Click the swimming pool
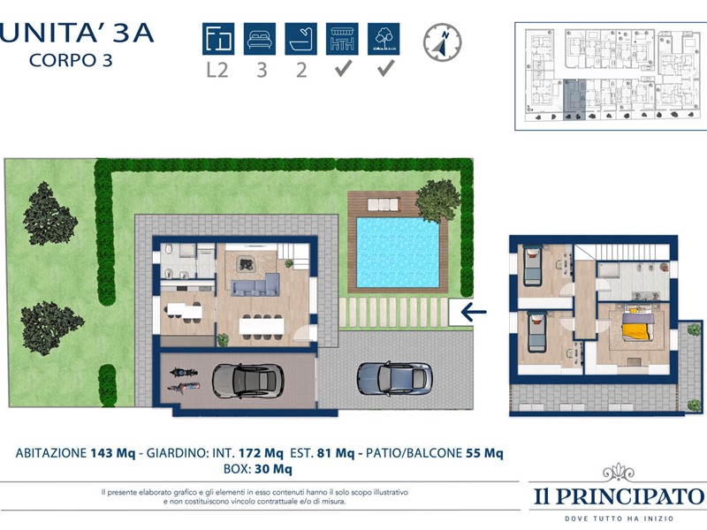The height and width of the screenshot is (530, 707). [398, 253]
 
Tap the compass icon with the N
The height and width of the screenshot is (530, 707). [443, 42]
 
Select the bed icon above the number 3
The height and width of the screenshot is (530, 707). [260, 39]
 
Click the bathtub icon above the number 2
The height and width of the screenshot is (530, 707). [300, 39]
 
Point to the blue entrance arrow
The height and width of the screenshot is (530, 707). [474, 312]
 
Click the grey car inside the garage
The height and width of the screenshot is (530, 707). [247, 381]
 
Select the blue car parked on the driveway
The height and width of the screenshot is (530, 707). [395, 378]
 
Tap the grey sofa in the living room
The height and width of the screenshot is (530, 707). [255, 284]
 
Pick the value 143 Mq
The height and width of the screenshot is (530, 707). [113, 453]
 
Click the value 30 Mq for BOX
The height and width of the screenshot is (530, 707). [273, 469]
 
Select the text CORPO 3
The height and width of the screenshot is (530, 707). [71, 60]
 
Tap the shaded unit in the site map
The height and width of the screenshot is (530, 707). [574, 100]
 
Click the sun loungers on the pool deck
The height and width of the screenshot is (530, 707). [384, 205]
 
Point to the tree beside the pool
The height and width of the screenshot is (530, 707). [437, 201]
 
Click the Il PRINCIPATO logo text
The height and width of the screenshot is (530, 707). [619, 496]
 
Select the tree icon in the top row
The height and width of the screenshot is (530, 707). [384, 39]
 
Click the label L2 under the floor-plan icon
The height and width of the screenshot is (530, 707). [217, 70]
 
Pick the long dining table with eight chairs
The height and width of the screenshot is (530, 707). [262, 325]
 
